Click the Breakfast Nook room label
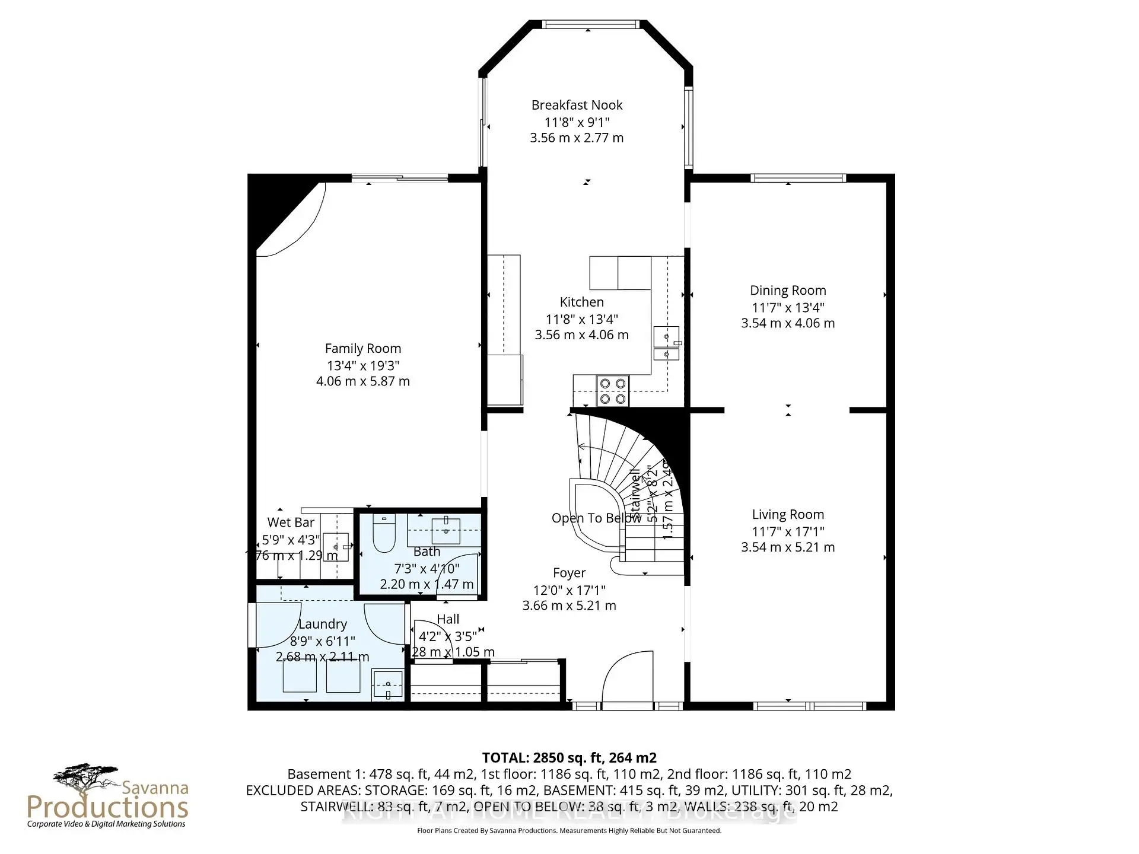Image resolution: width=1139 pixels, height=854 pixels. tap(577, 106)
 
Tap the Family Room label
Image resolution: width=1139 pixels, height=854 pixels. tap(362, 349)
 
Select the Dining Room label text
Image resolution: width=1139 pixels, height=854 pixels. tap(787, 291)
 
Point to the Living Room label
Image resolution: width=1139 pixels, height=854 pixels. tap(787, 515)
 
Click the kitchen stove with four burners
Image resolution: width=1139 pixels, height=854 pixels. tap(613, 391)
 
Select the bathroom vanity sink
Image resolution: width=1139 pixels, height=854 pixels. tap(446, 530)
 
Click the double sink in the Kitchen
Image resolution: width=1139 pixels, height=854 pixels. tap(667, 344)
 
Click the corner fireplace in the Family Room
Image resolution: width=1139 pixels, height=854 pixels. tap(279, 213)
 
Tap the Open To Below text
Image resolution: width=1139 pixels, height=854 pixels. tap(596, 518)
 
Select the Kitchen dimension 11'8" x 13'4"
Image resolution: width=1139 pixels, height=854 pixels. tap(581, 319)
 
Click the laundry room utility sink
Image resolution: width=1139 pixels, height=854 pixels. tap(387, 685)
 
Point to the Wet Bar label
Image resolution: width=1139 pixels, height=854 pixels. tap(291, 522)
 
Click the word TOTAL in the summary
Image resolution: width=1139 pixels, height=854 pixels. tap(505, 758)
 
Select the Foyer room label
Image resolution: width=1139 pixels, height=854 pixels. tap(569, 573)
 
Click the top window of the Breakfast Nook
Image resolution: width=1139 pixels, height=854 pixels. tap(590, 24)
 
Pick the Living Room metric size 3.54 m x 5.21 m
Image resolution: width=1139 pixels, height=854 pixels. tap(787, 547)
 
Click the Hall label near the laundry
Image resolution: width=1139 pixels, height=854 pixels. tap(448, 619)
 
